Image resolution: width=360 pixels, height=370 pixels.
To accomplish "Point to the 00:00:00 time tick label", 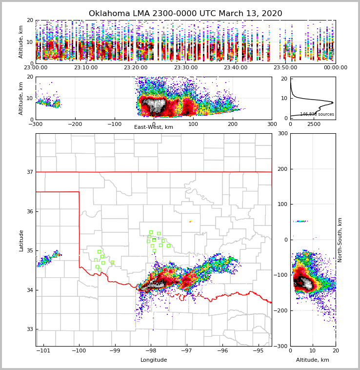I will pos(335,68).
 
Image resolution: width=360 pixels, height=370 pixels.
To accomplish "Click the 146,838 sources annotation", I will pos(317,114).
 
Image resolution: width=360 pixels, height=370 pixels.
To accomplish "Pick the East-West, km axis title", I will pos(154,127).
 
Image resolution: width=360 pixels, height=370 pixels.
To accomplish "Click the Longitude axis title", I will pos(154,360).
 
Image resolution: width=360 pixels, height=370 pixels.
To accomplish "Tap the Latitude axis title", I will pos(21,240).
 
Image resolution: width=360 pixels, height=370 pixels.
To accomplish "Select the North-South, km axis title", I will pos(340,240).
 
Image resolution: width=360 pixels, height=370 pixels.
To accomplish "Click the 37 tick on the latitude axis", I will pos(30,172).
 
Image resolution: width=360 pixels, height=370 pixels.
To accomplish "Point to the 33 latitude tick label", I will pos(30,329).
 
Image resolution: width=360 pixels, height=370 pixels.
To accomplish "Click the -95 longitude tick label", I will pos(258,351).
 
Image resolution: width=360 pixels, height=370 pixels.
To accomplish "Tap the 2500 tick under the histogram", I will pos(314,124).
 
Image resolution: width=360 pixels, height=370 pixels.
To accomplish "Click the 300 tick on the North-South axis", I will pos(282,133).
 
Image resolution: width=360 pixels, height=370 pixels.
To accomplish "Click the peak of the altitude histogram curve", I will pos(333,103).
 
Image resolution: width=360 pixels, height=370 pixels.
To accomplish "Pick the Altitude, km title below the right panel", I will pos(313,360).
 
